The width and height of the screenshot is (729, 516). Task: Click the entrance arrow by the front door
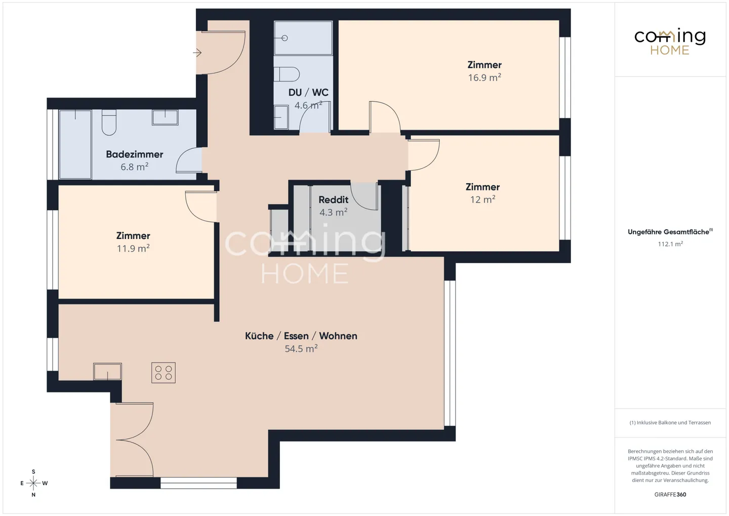point(197,53)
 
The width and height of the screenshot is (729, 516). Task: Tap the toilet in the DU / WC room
point(287,74)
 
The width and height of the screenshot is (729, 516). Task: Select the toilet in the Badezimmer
point(109,123)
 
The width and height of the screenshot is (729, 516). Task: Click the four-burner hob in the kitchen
point(164,373)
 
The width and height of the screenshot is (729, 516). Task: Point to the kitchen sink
point(107,372)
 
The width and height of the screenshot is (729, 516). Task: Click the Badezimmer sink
point(165,117)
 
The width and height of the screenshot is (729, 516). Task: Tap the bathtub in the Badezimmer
point(75,144)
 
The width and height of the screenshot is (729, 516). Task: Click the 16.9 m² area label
point(484,78)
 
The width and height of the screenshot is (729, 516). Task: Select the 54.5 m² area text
point(301,349)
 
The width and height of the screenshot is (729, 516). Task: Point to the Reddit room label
point(333,200)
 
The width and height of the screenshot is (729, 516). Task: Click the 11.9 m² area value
point(133,249)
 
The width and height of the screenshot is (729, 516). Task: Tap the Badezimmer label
point(135,154)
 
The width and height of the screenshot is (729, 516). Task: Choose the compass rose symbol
point(33,483)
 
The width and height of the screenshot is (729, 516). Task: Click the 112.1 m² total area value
point(670,244)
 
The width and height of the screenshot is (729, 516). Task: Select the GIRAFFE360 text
point(670,495)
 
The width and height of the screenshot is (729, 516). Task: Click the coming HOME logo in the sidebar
point(670,42)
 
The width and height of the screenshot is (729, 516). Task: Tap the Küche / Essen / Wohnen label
point(301,336)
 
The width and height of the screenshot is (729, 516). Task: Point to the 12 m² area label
point(482,200)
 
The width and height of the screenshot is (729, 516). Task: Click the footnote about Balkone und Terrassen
point(670,422)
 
